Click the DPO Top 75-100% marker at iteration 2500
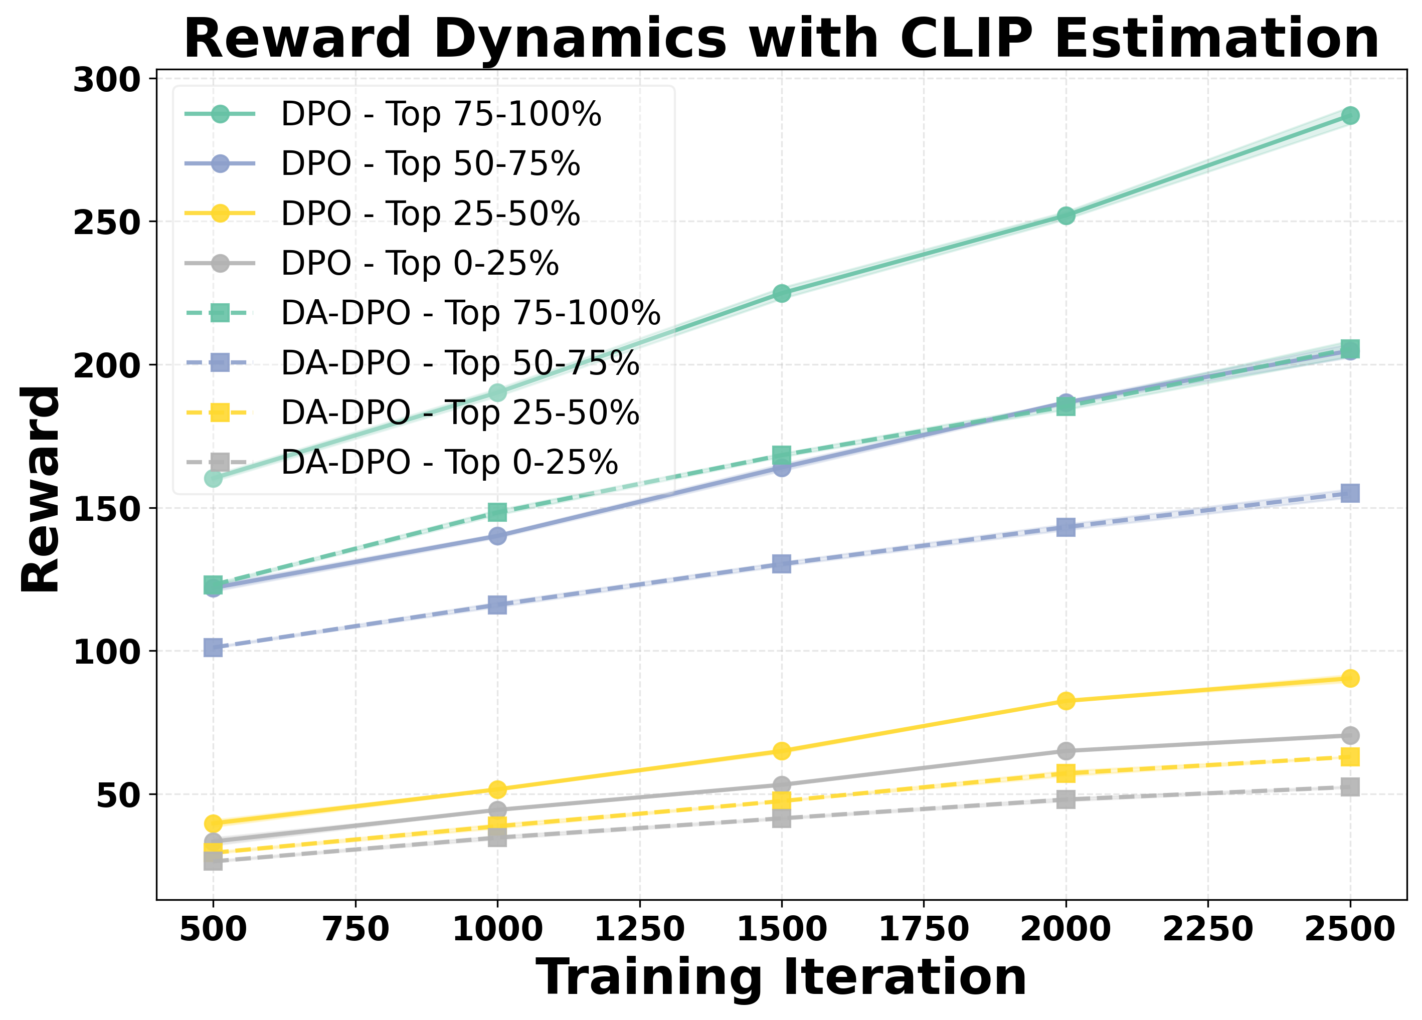pyautogui.click(x=1350, y=115)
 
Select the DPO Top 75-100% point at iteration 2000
pyautogui.click(x=1066, y=216)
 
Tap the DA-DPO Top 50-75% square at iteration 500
pyautogui.click(x=213, y=648)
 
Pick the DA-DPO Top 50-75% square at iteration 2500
pyautogui.click(x=1350, y=493)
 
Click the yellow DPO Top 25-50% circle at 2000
pyautogui.click(x=1066, y=701)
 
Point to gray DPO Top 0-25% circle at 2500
pyautogui.click(x=1350, y=735)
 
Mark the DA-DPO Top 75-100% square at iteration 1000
pyautogui.click(x=497, y=512)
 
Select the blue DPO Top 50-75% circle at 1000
pyautogui.click(x=497, y=536)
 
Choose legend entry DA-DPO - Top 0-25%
pyautogui.click(x=449, y=463)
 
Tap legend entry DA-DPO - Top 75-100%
pyautogui.click(x=470, y=313)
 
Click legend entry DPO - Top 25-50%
pyautogui.click(x=430, y=214)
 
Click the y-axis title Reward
pyautogui.click(x=40, y=490)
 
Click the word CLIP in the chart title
pyautogui.click(x=966, y=39)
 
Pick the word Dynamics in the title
pyautogui.click(x=580, y=39)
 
